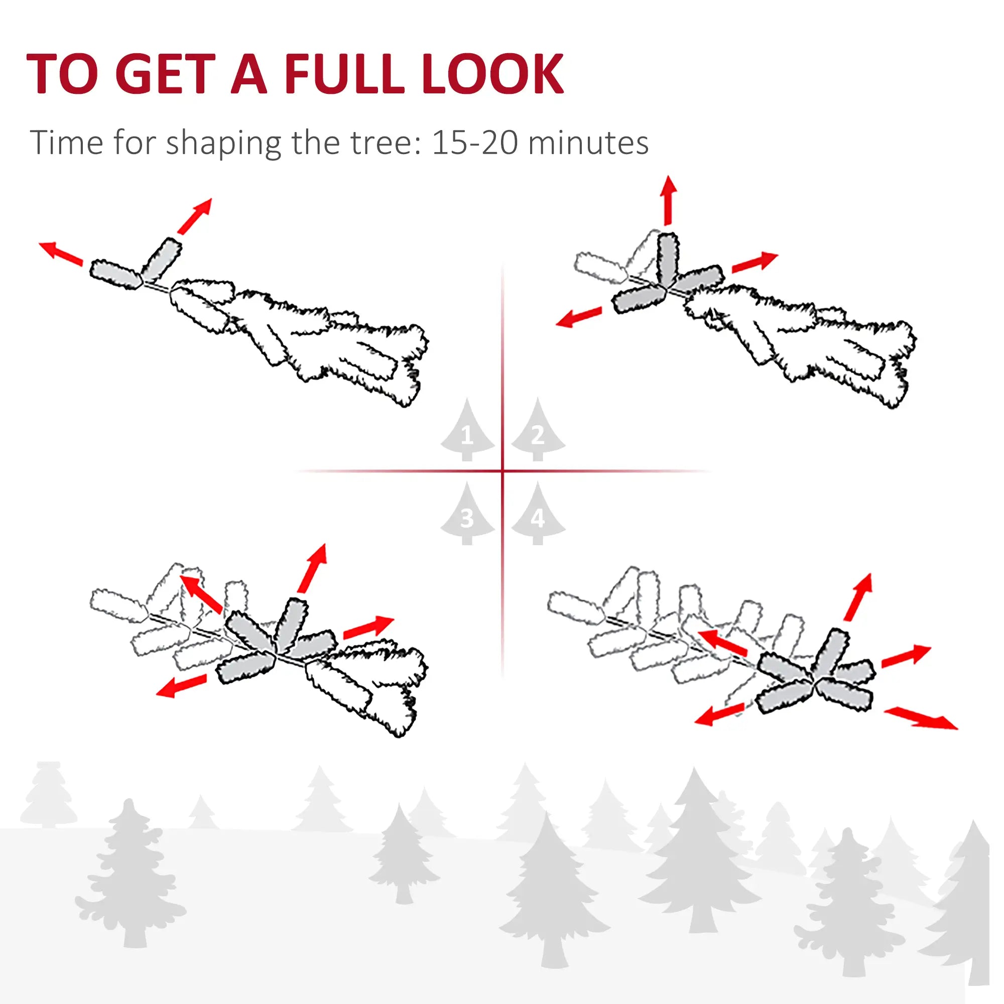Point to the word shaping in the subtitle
[x=223, y=144]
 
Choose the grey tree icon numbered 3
[x=467, y=516]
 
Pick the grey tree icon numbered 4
[x=538, y=516]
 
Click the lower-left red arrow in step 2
[x=578, y=317]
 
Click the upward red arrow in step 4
[x=858, y=597]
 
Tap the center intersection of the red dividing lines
[x=503, y=471]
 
